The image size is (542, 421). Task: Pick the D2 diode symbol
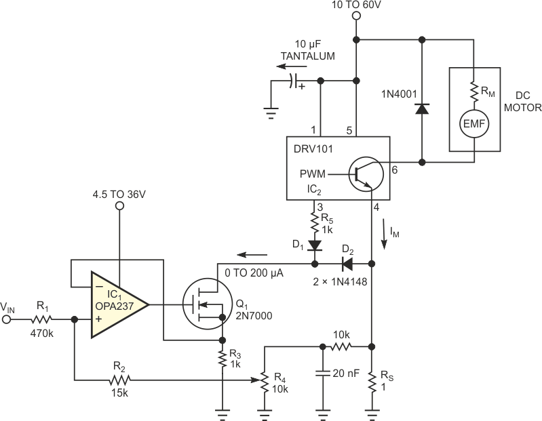pos(346,263)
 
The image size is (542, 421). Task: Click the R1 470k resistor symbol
pos(43,318)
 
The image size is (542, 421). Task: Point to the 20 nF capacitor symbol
pos(322,373)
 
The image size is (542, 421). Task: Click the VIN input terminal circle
pos(7,318)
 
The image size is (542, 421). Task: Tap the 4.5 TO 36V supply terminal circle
pos(119,205)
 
